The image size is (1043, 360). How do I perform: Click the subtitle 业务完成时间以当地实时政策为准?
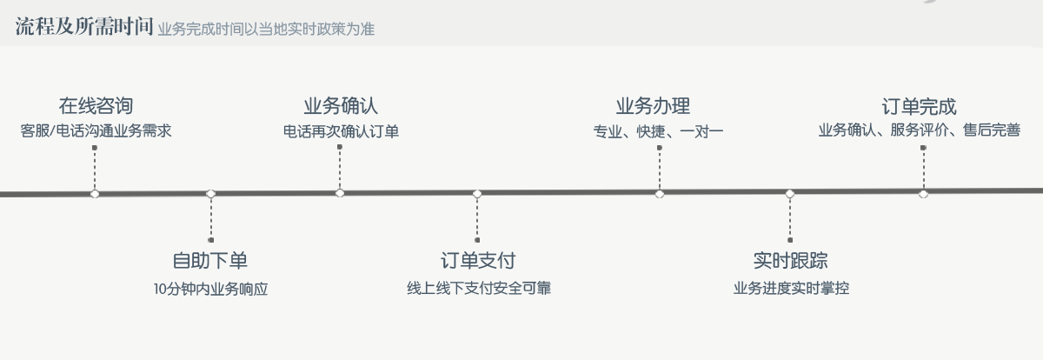pos(266,29)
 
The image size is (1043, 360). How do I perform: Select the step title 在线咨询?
pos(96,107)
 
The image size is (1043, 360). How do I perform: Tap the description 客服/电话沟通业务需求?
pos(96,131)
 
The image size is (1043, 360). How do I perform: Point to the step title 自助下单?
pos(210,260)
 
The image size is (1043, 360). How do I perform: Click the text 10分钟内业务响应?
pos(210,289)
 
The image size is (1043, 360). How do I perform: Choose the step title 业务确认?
pos(340,107)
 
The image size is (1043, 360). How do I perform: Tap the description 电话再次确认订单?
pos(340,131)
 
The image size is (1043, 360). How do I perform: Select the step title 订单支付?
pos(477,260)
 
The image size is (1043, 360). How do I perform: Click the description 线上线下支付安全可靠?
pos(477,288)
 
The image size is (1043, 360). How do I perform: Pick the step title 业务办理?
pos(653,107)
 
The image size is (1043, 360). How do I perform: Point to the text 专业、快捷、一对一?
pos(658,131)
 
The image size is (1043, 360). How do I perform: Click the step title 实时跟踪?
pos(790,260)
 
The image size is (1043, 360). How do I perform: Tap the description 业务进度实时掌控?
pos(790,288)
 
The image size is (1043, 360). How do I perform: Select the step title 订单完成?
pos(919,107)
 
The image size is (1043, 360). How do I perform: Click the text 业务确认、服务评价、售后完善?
pos(919,131)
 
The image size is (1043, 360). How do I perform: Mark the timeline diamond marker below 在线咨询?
pos(95,193)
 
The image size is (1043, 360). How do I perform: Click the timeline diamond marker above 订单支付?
pos(477,193)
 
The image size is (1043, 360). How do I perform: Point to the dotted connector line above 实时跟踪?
pos(790,217)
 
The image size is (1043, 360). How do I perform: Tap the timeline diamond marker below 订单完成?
pos(923,193)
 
